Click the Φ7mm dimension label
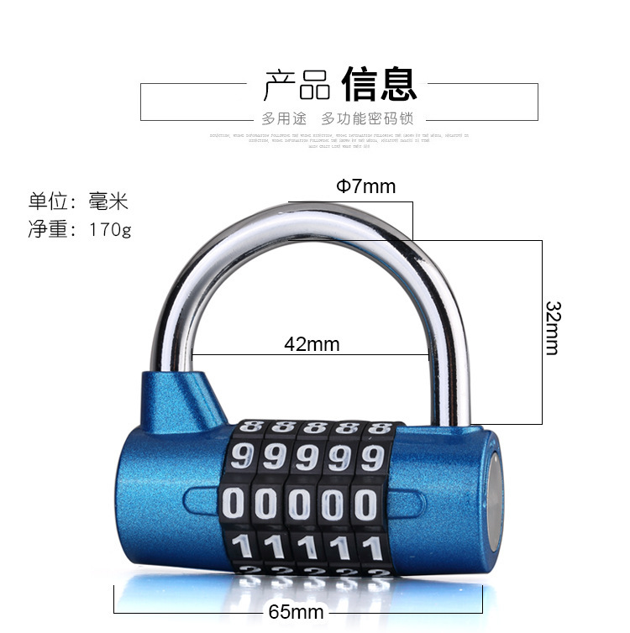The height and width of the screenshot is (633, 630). point(365,186)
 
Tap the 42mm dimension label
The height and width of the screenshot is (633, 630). point(311,343)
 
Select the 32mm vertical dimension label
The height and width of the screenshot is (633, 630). point(552,327)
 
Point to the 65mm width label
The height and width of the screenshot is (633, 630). point(296,611)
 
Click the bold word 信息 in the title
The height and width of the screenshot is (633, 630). point(379,84)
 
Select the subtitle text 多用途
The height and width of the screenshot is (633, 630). point(284,118)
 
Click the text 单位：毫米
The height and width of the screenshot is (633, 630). point(78,201)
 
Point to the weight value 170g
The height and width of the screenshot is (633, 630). point(110,228)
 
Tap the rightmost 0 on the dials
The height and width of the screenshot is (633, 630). point(366,504)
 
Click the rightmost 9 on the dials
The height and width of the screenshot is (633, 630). point(370,458)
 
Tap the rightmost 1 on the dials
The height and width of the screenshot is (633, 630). point(367,547)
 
